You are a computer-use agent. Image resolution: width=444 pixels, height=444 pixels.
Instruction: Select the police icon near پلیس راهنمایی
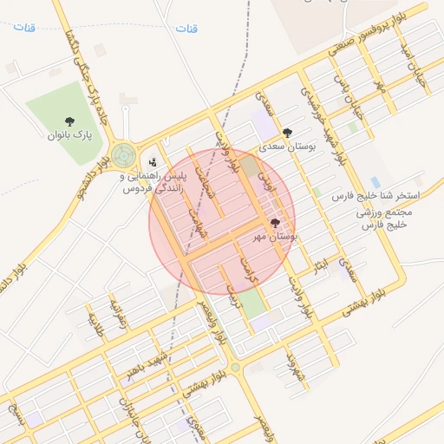[x=153, y=161]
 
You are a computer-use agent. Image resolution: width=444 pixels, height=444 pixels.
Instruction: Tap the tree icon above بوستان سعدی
[x=287, y=134]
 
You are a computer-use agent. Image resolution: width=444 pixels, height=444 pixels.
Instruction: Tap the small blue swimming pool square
[x=375, y=182]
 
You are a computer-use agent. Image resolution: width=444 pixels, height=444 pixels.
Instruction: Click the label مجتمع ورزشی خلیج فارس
[x=388, y=217]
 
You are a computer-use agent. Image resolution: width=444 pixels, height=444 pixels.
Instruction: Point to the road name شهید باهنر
[x=144, y=362]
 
